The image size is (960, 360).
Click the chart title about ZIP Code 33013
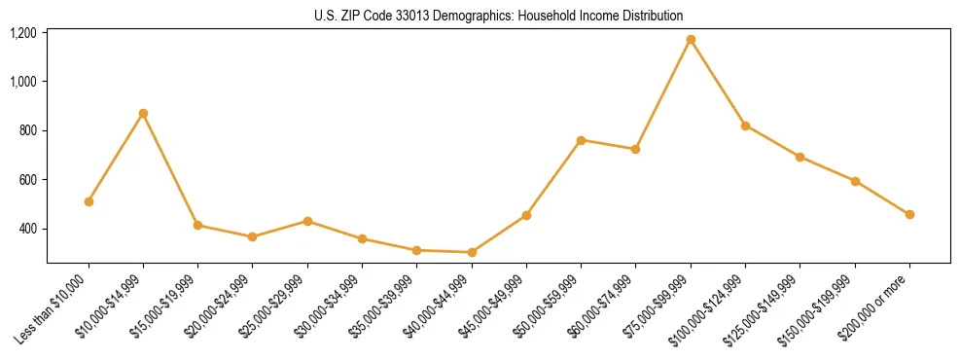tap(498, 16)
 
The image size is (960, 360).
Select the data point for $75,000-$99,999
tap(691, 40)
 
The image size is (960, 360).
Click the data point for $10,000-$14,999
tap(143, 114)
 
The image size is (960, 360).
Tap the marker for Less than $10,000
tap(89, 201)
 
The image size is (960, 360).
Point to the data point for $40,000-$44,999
tap(472, 252)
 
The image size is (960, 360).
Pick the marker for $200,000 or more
tap(909, 214)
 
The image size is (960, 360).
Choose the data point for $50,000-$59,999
tap(581, 140)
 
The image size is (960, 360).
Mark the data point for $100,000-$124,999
tap(745, 126)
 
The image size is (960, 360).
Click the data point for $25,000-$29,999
tap(307, 221)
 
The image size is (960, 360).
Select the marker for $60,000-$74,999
tap(635, 149)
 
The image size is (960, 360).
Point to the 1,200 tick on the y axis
tap(23, 33)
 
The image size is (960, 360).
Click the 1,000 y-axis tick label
tap(23, 82)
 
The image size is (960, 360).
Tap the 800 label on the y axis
tap(28, 130)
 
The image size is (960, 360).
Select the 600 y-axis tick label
tap(28, 180)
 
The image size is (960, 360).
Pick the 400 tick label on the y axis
tap(28, 229)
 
